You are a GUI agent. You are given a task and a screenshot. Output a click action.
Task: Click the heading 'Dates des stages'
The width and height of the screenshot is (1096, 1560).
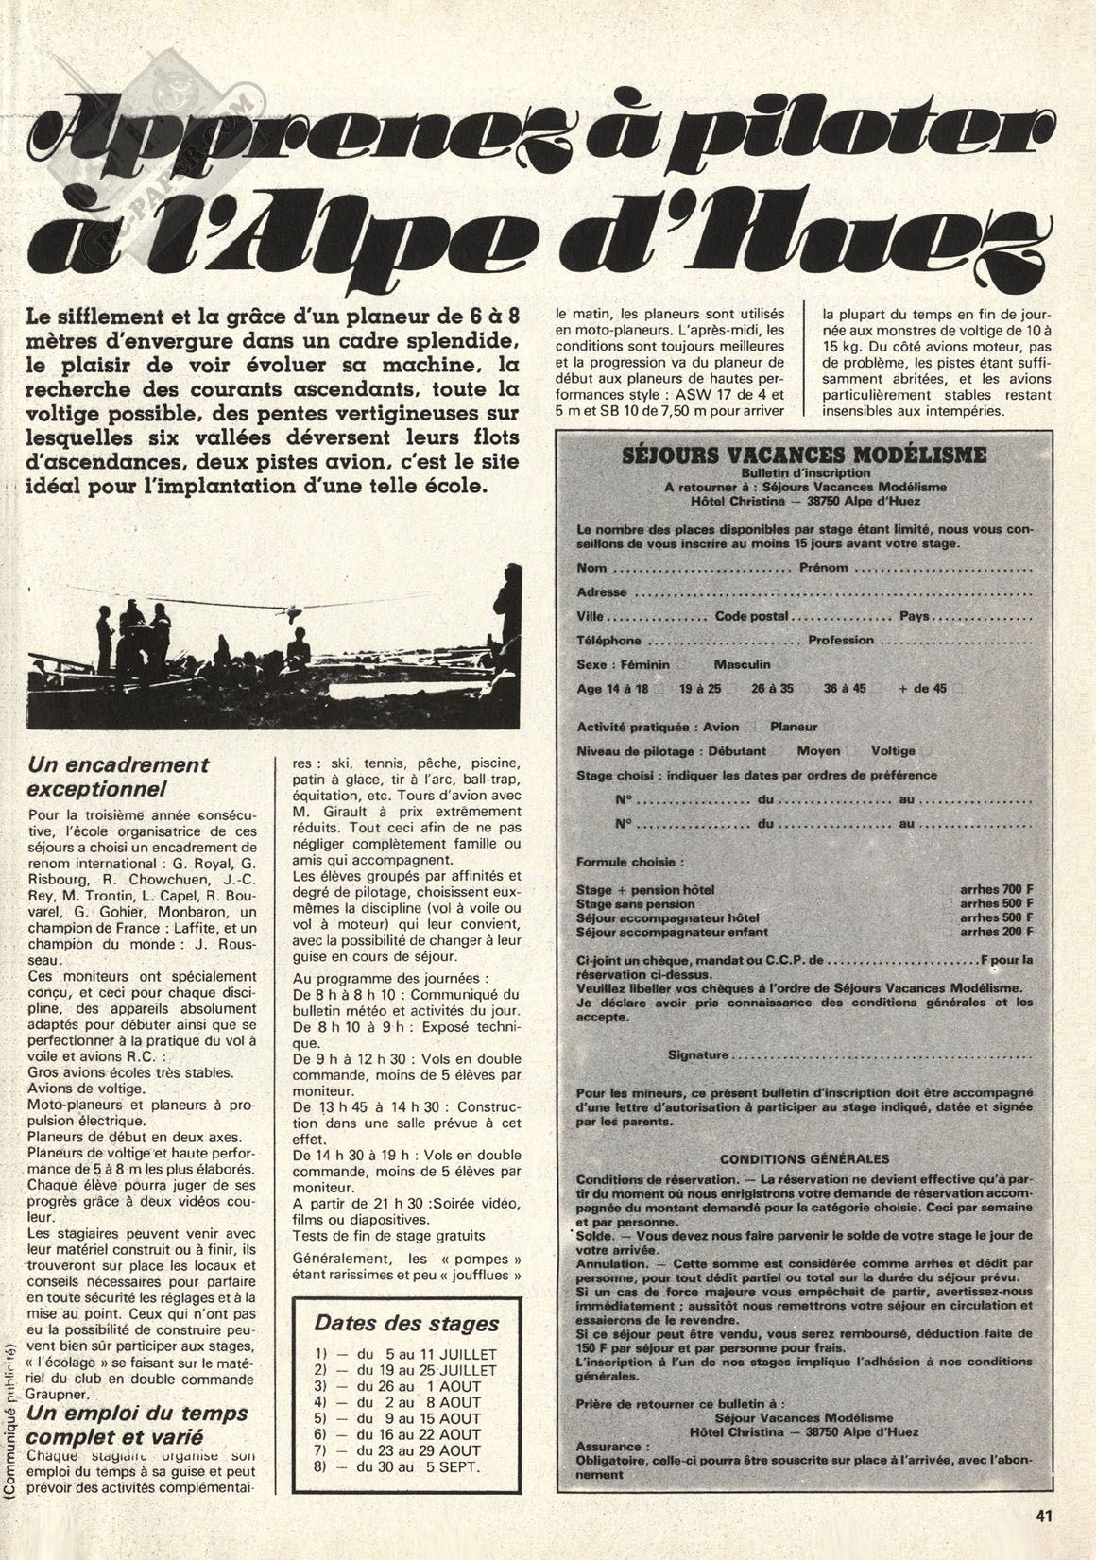pyautogui.click(x=405, y=1323)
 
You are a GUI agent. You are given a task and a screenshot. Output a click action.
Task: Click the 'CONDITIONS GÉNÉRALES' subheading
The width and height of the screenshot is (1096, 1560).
pyautogui.click(x=804, y=1158)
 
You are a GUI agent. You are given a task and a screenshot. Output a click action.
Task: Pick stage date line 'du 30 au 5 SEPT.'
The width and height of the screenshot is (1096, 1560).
pyautogui.click(x=406, y=1467)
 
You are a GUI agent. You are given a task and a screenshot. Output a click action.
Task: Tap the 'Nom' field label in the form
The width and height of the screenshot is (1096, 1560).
pyautogui.click(x=591, y=569)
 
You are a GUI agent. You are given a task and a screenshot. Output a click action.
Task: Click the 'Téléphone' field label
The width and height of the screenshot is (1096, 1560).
pyautogui.click(x=608, y=641)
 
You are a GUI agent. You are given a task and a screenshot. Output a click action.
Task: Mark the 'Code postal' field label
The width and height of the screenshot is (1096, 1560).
pyautogui.click(x=751, y=616)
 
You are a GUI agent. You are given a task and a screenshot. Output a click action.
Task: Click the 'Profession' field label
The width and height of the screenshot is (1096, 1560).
pyautogui.click(x=841, y=641)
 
